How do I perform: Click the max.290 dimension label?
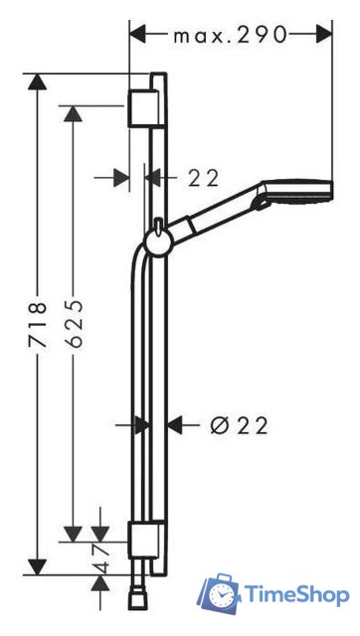click(230, 36)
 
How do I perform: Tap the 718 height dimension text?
click(38, 324)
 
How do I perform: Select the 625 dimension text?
click(74, 324)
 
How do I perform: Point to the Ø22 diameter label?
click(240, 425)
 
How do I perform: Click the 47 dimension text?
click(101, 557)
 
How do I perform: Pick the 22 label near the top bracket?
click(203, 178)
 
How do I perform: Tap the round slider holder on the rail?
click(158, 243)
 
